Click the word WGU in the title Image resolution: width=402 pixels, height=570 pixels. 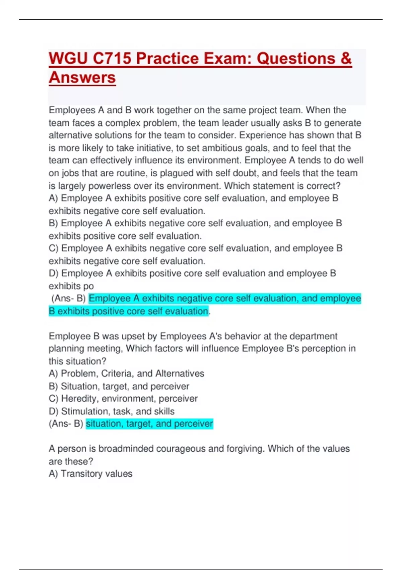pos(68,58)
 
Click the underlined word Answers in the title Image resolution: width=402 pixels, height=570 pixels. pos(82,77)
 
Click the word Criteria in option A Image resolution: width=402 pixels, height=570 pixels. pos(116,373)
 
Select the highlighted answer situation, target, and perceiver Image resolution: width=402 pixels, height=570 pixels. pos(149,423)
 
